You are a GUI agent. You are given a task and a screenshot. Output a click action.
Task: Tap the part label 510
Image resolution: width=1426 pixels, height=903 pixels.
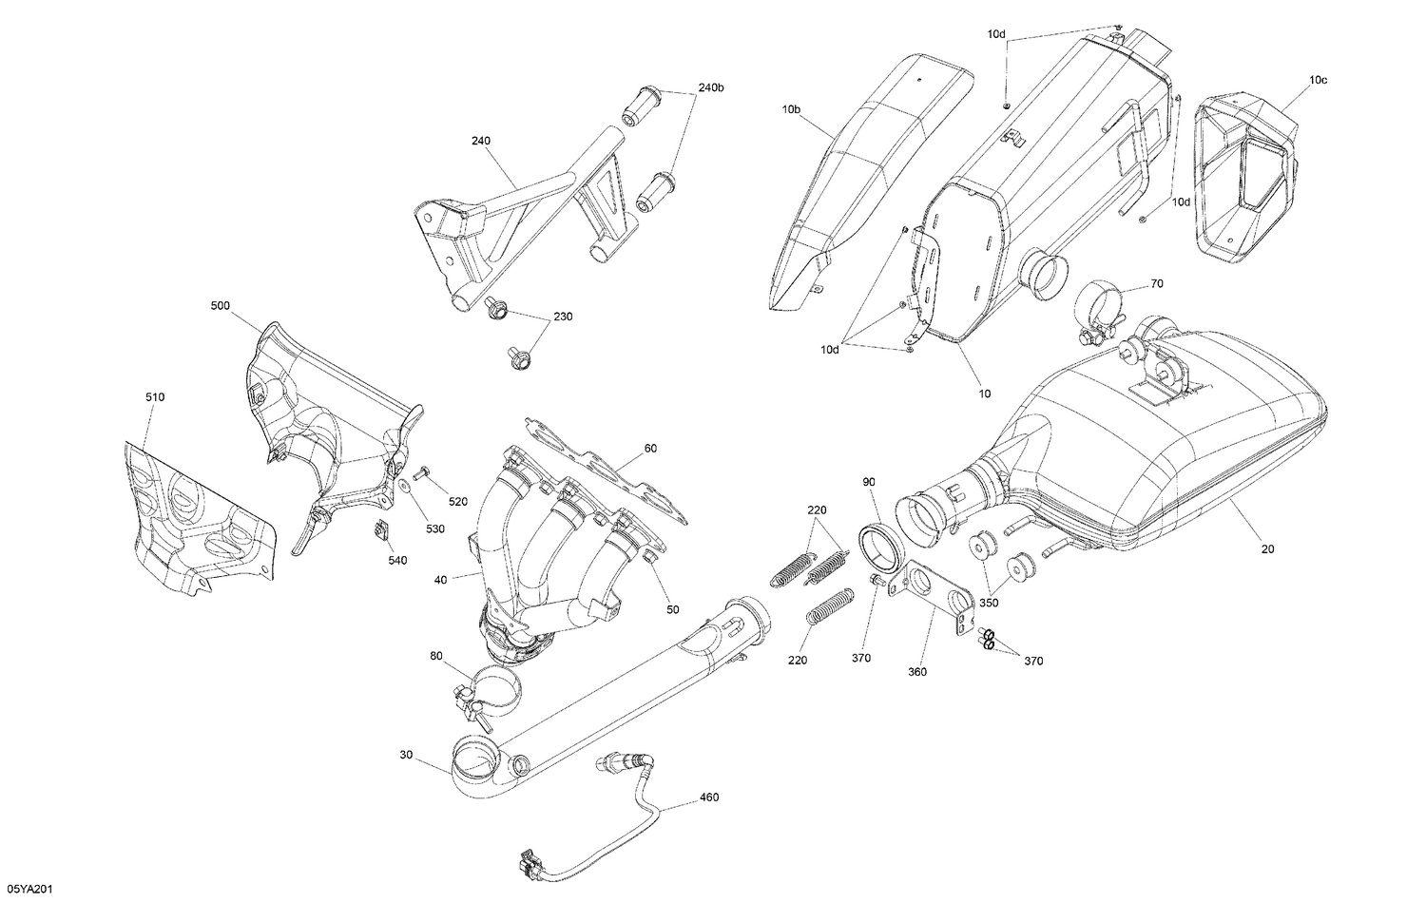click(154, 396)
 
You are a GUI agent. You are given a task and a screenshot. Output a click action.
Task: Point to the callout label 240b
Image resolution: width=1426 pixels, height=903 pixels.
click(711, 87)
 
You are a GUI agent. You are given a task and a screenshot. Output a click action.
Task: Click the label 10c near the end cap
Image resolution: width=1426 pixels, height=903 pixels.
click(1317, 80)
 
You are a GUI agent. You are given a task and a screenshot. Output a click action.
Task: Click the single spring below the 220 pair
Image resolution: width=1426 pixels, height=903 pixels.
click(825, 605)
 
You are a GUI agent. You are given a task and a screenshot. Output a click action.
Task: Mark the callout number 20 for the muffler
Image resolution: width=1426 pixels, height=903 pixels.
click(1268, 548)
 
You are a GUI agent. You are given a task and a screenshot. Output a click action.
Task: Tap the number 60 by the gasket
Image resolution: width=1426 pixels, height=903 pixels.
click(650, 448)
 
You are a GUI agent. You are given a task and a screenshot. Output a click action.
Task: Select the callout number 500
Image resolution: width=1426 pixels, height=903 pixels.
click(221, 306)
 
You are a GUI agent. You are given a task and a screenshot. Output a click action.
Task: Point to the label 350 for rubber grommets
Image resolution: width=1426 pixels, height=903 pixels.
click(989, 602)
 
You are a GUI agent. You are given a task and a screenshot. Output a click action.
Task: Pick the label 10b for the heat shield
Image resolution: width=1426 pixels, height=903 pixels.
click(791, 110)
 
